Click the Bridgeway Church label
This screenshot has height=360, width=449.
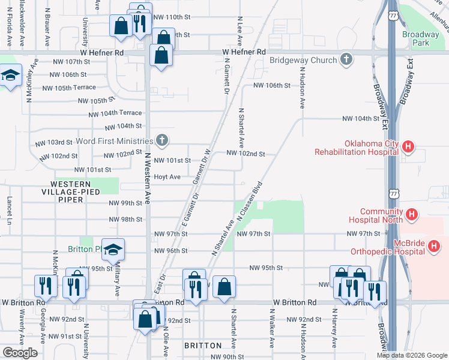click(x=303, y=60)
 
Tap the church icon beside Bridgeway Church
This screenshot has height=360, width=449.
click(x=346, y=59)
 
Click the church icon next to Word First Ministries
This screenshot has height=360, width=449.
click(x=161, y=141)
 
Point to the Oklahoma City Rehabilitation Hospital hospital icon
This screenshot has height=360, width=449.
click(x=408, y=146)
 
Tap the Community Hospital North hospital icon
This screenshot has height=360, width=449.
click(x=412, y=214)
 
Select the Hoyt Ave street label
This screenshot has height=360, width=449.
click(x=167, y=177)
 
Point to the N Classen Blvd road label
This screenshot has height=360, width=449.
click(x=251, y=200)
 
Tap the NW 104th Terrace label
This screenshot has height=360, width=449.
click(x=115, y=113)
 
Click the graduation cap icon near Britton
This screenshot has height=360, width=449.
click(x=112, y=250)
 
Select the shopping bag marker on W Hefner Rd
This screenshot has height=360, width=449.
click(x=161, y=56)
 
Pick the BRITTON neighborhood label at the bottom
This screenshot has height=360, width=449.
click(x=203, y=346)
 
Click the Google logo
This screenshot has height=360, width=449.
click(x=20, y=353)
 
